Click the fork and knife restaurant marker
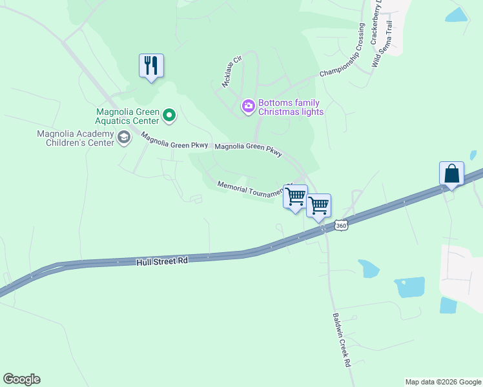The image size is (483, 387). (x=151, y=66)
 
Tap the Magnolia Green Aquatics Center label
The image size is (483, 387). (x=127, y=116)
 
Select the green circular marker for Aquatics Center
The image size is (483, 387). (x=169, y=116)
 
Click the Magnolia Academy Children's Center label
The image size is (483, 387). (x=76, y=138)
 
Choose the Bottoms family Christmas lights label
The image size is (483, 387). (x=291, y=107)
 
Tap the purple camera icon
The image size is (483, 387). (x=248, y=106)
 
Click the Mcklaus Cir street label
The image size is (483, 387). (x=231, y=71)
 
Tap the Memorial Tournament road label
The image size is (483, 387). (x=251, y=188)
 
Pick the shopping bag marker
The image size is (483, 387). (x=451, y=174)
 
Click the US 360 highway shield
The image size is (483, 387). (x=342, y=226)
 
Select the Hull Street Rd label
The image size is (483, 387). (x=161, y=261)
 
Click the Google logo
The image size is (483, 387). (x=21, y=379)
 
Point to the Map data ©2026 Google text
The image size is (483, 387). (x=443, y=382)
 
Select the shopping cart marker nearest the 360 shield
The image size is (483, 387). (x=318, y=205)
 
